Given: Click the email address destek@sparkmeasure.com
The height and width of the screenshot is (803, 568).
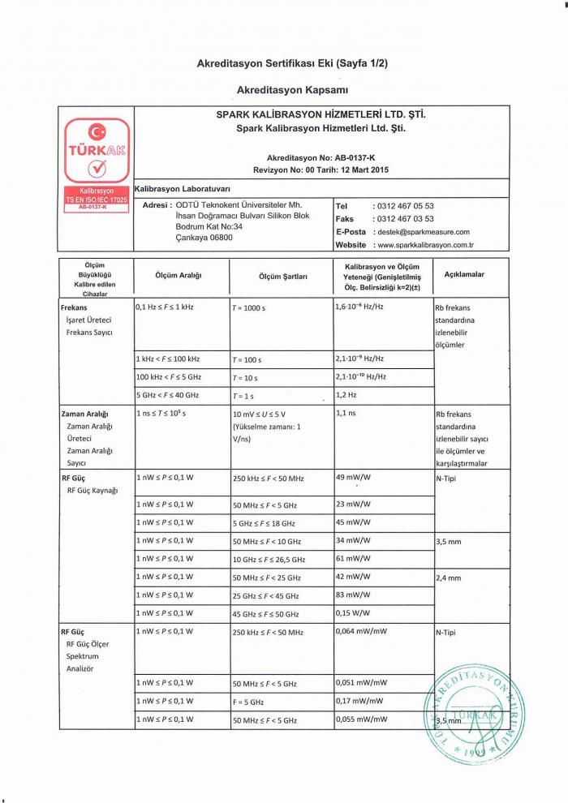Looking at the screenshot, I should point(422,232).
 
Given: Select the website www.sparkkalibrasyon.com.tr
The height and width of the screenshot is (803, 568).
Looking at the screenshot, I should point(425,245).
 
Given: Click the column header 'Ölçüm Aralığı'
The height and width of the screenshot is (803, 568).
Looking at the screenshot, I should point(179,276).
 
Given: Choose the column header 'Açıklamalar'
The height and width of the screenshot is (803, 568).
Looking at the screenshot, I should point(464,275).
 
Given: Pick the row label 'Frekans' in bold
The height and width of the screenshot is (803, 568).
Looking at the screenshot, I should point(75,308).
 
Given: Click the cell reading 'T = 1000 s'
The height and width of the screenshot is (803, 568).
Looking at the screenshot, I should point(252,310).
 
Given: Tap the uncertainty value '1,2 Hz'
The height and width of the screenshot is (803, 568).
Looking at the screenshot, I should point(347,395).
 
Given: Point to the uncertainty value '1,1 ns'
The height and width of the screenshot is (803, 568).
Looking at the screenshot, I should point(347,414).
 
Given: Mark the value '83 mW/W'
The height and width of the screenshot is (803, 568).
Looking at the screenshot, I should point(353,595).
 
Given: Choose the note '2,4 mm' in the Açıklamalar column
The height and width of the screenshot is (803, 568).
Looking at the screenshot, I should point(449,578).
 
